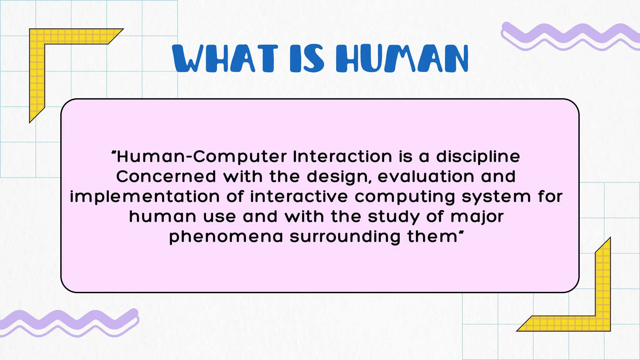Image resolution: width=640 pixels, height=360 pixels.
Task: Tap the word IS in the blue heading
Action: tap(307, 58)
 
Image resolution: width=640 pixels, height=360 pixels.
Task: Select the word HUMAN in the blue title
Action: tap(402, 58)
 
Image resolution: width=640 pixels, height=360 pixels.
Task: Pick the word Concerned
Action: tap(166, 177)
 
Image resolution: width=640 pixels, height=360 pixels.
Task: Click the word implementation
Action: tap(145, 197)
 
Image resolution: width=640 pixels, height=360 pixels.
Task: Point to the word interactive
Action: tap(299, 197)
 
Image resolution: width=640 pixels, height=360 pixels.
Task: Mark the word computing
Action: tap(405, 197)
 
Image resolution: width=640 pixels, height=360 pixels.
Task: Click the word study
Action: tap(394, 217)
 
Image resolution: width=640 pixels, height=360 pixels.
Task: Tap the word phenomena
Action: tap(226, 237)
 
